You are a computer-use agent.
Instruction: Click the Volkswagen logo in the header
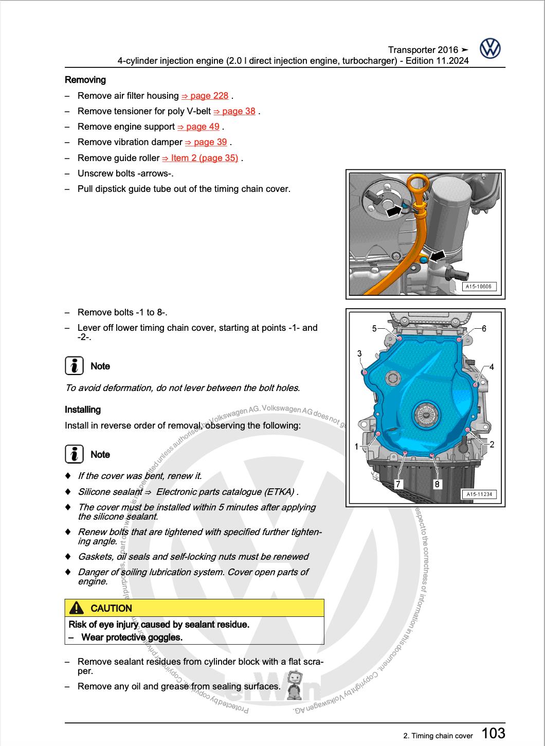[x=490, y=49]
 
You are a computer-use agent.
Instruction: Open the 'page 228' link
[x=205, y=96]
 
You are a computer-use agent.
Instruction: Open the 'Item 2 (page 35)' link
[x=200, y=158]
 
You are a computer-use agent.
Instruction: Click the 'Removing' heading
[x=85, y=80]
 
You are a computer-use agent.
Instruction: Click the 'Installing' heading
[x=83, y=410]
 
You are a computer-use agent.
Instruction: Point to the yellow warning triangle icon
[x=76, y=608]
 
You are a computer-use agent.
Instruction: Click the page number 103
[x=493, y=732]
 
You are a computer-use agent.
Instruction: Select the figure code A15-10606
[x=479, y=287]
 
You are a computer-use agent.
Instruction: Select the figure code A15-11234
[x=479, y=494]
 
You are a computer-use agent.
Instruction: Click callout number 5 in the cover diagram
[x=375, y=328]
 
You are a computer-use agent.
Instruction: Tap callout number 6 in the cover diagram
[x=484, y=328]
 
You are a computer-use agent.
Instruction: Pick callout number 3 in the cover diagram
[x=359, y=353]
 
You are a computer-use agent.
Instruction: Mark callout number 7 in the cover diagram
[x=398, y=484]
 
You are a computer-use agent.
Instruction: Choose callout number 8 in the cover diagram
[x=437, y=484]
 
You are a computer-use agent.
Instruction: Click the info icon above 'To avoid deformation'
[x=75, y=366]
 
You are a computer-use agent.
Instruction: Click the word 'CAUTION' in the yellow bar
[x=111, y=608]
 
